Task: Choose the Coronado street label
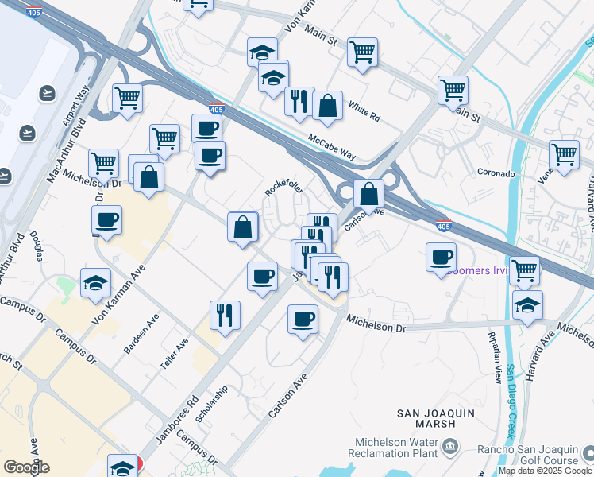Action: click(x=496, y=173)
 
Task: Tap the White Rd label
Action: click(x=365, y=113)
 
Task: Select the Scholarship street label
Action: click(x=212, y=403)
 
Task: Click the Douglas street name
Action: click(x=37, y=246)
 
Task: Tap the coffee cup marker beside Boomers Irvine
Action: click(x=441, y=257)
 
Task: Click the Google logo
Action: click(x=26, y=467)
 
